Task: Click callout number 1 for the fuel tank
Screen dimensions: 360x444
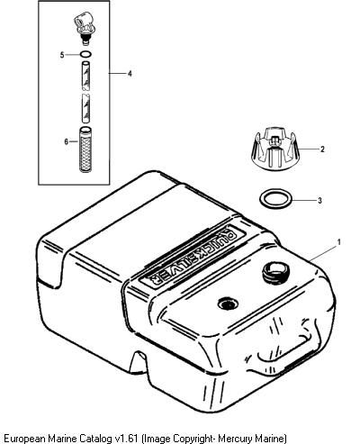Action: tap(339, 241)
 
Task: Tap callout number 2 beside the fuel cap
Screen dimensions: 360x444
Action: tap(322, 149)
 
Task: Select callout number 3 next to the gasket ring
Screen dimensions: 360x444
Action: tap(319, 200)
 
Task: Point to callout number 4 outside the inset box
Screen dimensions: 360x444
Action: tap(130, 73)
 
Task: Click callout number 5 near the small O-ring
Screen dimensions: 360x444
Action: tap(62, 55)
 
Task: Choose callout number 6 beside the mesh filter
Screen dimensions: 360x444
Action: tap(67, 141)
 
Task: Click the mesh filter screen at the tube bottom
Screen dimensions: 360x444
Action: tap(85, 150)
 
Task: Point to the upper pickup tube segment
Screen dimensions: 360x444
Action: tap(85, 76)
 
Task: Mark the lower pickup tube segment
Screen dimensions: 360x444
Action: tap(86, 108)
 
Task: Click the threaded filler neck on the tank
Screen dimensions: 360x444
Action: tap(275, 271)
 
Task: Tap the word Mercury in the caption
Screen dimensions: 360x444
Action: tap(232, 439)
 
